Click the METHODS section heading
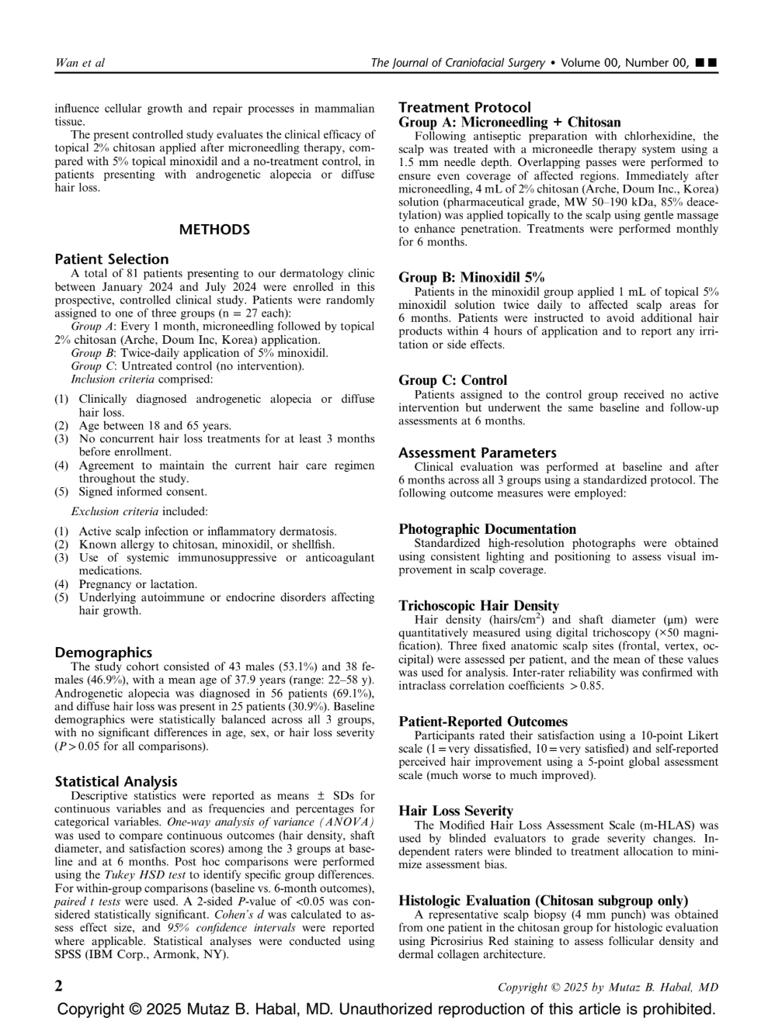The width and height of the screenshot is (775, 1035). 214,230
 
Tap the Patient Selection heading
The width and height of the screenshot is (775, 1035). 111,259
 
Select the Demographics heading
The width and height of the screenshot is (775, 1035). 103,652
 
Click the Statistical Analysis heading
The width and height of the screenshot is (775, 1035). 116,781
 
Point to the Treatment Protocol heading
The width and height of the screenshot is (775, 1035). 464,108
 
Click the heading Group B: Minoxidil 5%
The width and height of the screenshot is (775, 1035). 471,277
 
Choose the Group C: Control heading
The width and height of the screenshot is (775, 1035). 453,380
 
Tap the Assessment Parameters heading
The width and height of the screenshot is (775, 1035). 478,452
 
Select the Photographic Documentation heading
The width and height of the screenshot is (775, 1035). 487,529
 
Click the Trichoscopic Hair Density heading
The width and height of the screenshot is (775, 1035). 478,606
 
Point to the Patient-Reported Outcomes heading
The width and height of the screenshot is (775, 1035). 483,722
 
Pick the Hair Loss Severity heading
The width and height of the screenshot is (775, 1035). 456,811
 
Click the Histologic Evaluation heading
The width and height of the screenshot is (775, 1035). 543,901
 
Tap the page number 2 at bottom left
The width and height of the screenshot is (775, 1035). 59,986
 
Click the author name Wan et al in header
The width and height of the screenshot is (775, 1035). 80,63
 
